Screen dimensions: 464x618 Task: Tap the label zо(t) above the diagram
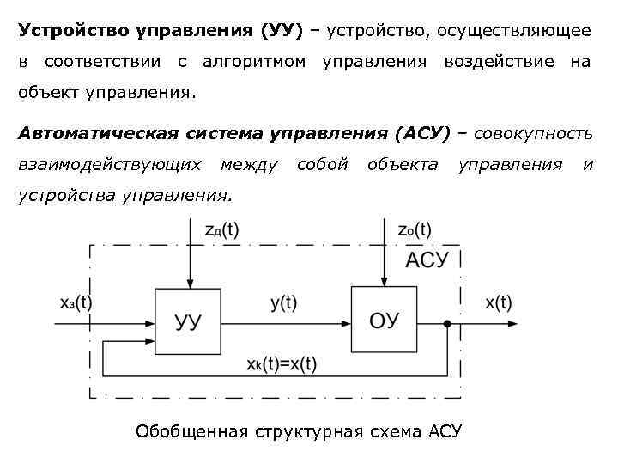click(x=414, y=229)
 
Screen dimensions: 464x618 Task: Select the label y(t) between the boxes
click(x=282, y=302)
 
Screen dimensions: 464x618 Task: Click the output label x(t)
click(x=498, y=302)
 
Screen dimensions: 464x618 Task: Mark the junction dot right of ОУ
click(x=448, y=323)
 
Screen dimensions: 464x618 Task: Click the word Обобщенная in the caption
click(x=191, y=431)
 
